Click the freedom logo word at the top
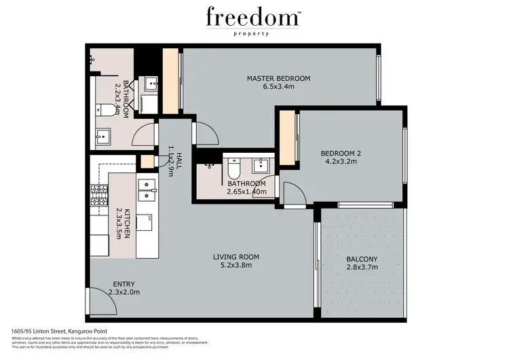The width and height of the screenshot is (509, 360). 254,16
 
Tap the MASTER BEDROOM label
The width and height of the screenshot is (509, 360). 278,79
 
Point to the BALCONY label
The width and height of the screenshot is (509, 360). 362,259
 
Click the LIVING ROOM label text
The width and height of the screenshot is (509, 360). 236,257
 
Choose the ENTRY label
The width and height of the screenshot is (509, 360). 124,284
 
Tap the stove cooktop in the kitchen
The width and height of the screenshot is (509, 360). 100,196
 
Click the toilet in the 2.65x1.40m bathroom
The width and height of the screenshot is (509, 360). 233,166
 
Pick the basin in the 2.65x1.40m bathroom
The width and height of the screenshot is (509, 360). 261,164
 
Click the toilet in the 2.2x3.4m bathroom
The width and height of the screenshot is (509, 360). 102,109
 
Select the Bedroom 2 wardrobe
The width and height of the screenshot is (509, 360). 289,139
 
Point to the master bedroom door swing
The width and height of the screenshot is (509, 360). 206,134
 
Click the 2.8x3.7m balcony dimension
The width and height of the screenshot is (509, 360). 362,269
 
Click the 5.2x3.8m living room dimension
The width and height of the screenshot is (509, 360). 236,266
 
